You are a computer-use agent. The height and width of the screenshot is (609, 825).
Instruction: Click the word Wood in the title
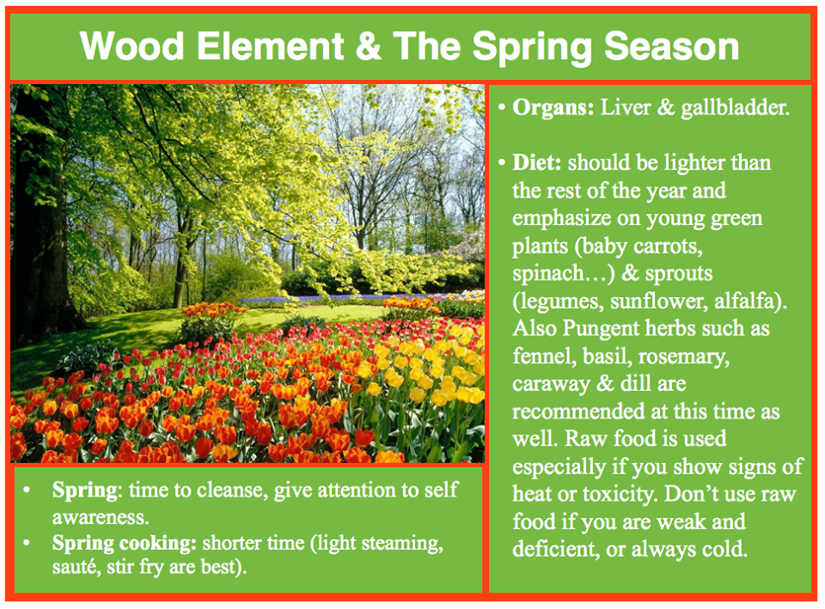point(132,46)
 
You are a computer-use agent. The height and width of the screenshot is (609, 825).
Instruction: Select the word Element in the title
point(271,46)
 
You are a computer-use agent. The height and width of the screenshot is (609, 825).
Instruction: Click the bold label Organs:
point(553,107)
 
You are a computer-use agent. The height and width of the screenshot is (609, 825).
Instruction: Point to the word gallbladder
point(736,108)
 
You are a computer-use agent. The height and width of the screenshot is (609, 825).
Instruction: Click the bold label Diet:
point(536,162)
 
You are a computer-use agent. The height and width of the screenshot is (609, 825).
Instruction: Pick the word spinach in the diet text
point(547,273)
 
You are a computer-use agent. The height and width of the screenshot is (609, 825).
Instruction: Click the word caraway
point(552,385)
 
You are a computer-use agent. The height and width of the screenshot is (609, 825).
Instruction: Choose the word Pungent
point(601,329)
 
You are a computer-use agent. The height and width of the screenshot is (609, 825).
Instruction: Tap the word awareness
point(100,517)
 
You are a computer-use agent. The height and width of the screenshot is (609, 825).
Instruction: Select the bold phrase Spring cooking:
point(125,544)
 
